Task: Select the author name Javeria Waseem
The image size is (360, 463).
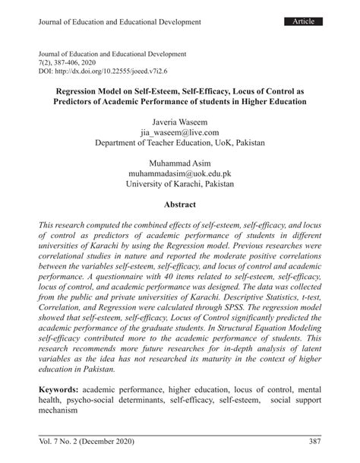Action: point(179,120)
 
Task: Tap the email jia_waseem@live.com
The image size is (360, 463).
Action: point(179,132)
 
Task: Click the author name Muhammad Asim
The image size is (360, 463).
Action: point(179,163)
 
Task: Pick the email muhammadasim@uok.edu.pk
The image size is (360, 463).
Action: point(179,174)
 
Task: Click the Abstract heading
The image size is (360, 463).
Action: point(179,205)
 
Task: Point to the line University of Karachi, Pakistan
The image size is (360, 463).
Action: point(179,185)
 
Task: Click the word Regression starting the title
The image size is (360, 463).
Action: point(77,89)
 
